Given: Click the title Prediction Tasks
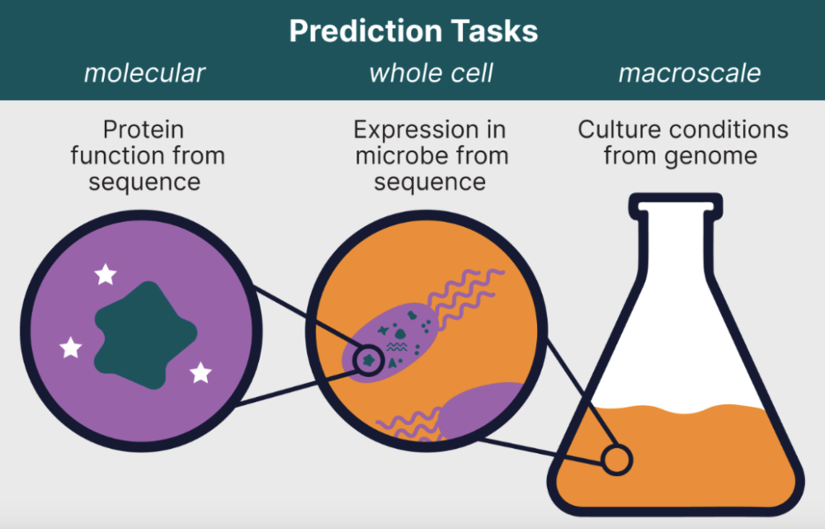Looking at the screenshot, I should point(413,31).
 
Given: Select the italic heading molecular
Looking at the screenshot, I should point(144,73).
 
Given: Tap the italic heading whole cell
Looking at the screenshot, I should point(431,73).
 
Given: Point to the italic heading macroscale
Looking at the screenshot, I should point(690,73).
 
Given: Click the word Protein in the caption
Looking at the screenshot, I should point(144,130).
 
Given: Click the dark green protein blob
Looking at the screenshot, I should point(144,334).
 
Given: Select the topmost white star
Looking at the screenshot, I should point(106,274).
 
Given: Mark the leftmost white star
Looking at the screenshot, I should point(72,347).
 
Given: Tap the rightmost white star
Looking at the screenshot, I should point(200,373).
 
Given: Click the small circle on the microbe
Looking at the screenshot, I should point(368,360).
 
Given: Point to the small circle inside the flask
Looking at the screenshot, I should point(615,459).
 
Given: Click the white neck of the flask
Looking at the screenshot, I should point(676,248).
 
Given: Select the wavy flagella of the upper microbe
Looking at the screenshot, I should point(462,297).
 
